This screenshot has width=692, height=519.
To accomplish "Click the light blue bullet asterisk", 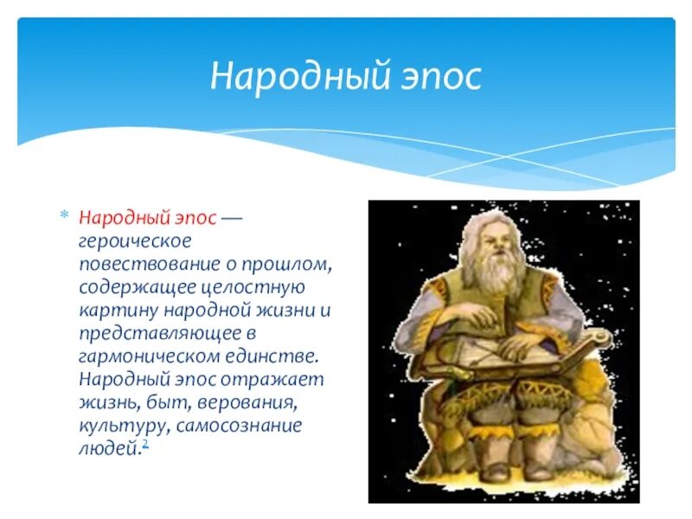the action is pyautogui.click(x=65, y=215).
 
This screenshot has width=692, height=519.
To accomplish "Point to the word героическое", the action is pyautogui.click(x=135, y=242).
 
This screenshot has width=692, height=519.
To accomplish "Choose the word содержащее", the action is pyautogui.click(x=138, y=288).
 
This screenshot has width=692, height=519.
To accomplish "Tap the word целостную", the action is pyautogui.click(x=253, y=288).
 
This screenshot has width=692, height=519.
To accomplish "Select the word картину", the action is pyautogui.click(x=119, y=311).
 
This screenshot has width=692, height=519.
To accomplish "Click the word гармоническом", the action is pyautogui.click(x=149, y=356).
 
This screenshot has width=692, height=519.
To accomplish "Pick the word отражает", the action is pyautogui.click(x=272, y=380).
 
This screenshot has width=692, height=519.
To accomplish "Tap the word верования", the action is pyautogui.click(x=245, y=402).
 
